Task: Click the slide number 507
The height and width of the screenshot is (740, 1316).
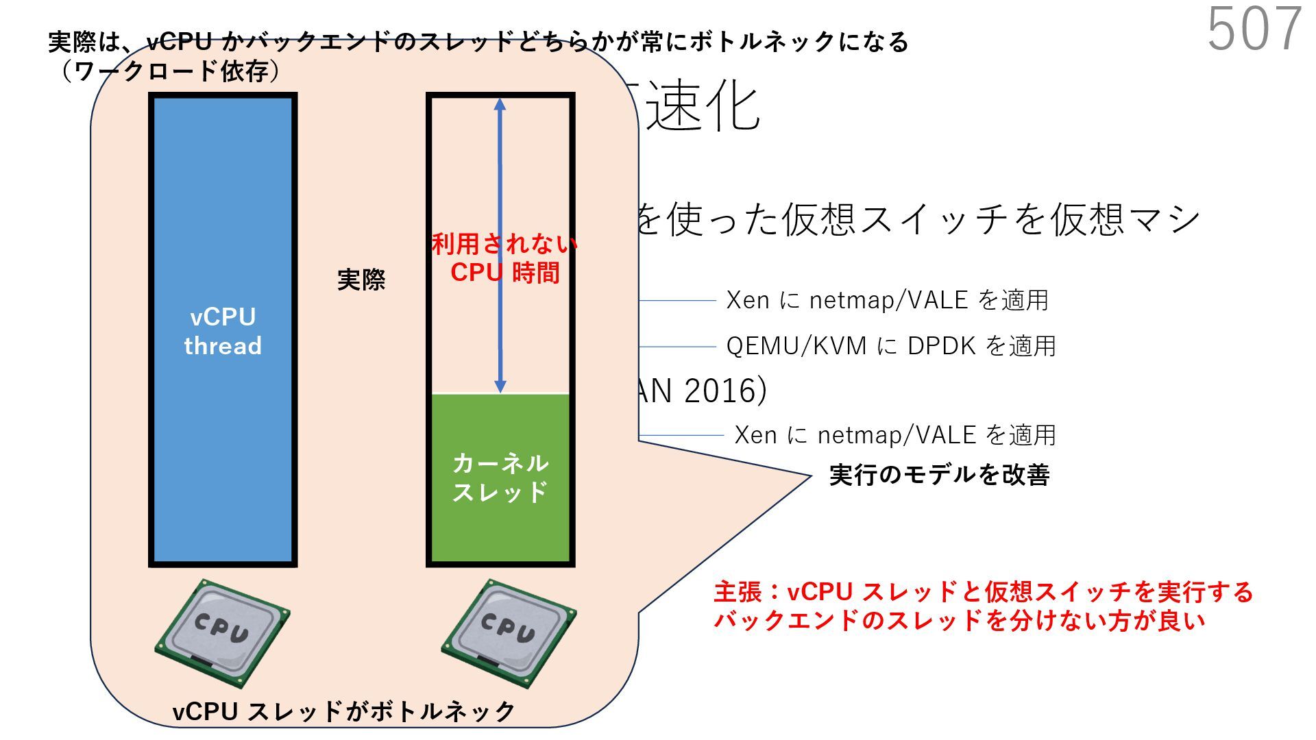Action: tap(1254, 29)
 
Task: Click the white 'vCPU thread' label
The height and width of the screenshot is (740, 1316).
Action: tap(223, 331)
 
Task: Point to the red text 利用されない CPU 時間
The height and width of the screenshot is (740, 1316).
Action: tap(504, 258)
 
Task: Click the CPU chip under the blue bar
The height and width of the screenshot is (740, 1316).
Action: tap(222, 632)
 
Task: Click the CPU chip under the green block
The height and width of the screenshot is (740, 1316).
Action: tap(508, 632)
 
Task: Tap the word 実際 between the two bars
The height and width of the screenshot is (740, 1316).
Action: tap(361, 280)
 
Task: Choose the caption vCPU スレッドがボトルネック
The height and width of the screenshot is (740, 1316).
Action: tap(343, 711)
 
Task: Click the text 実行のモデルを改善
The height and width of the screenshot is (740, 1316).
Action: tap(939, 475)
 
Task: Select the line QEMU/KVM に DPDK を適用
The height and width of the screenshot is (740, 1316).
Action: tap(890, 346)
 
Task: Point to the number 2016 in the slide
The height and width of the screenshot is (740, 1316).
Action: tap(720, 391)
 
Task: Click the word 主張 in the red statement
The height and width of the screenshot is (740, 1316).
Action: tap(735, 592)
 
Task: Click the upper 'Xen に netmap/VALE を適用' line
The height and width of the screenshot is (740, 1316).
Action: tap(887, 300)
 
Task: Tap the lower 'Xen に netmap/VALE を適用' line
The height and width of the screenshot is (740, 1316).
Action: tap(894, 435)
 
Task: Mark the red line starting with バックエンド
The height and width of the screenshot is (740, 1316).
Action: tap(959, 621)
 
